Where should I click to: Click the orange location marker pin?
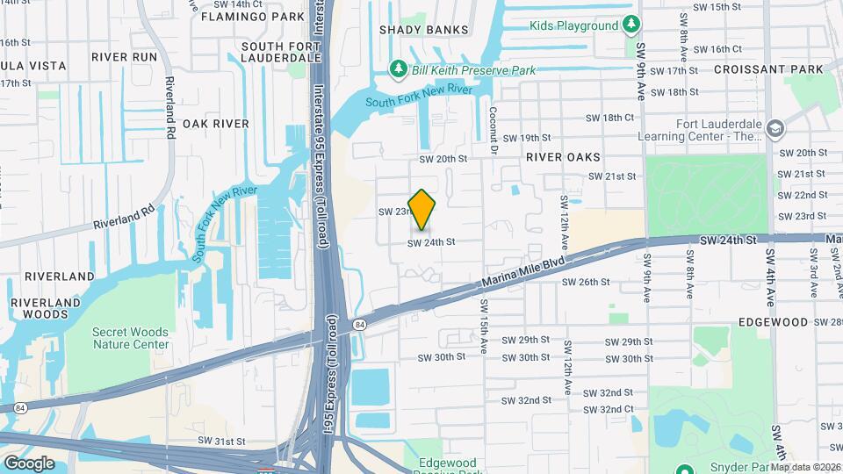click(x=422, y=209)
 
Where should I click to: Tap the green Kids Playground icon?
click(x=630, y=25)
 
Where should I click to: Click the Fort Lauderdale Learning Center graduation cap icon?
click(x=775, y=129)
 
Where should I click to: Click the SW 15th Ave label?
click(x=483, y=326)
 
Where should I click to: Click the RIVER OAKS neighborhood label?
click(x=563, y=157)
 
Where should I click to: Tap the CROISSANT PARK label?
click(x=768, y=68)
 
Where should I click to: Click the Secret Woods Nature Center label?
click(x=131, y=338)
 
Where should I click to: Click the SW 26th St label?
click(x=585, y=282)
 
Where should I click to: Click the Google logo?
click(x=29, y=463)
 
